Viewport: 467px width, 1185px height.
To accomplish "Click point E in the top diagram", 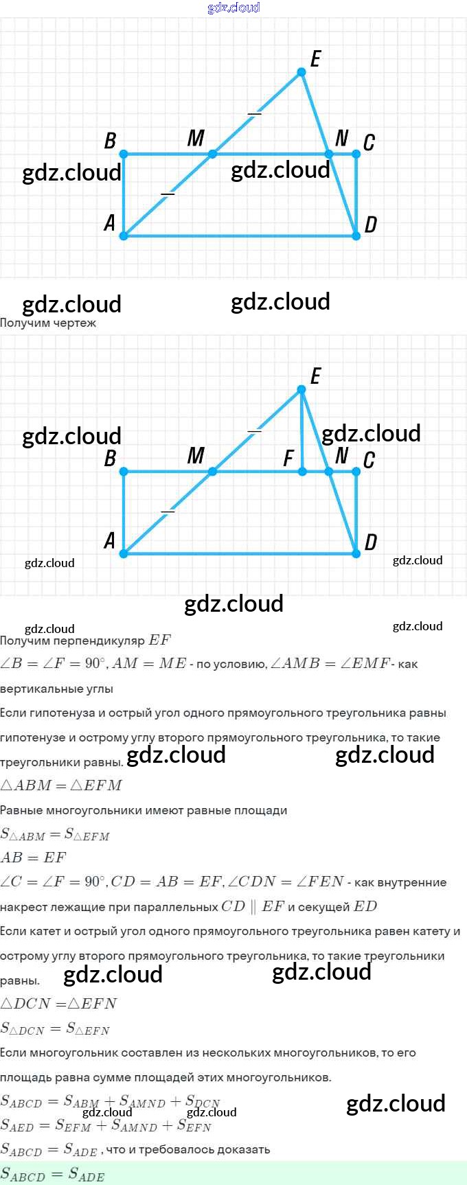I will (301, 72).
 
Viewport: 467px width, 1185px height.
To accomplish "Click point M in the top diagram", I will (213, 154).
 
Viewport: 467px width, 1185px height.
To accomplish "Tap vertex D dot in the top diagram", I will (356, 235).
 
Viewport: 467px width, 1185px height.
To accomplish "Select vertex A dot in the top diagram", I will (124, 235).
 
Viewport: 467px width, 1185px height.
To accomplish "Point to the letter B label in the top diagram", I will (110, 141).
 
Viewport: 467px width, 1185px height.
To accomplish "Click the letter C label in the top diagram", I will (369, 142).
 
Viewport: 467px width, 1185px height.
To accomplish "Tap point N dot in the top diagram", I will (329, 154).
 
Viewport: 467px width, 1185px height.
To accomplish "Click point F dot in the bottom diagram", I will (302, 472).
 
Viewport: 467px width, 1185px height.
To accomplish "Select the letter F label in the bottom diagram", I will (289, 458).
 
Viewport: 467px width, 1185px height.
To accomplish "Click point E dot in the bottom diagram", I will (301, 389).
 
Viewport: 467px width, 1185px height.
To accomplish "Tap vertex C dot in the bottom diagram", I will (356, 472).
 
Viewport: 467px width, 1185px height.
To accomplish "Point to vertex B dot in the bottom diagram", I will (124, 472).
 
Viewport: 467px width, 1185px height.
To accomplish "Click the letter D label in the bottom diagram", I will (371, 542).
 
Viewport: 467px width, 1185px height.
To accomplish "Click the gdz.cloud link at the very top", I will (233, 8).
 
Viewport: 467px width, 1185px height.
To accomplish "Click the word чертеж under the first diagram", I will (75, 323).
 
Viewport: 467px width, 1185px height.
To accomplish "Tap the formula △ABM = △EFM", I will (61, 785).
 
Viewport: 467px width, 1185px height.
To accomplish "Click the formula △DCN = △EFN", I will (59, 1004).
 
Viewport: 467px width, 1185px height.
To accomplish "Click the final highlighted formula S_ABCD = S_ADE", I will (53, 1175).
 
